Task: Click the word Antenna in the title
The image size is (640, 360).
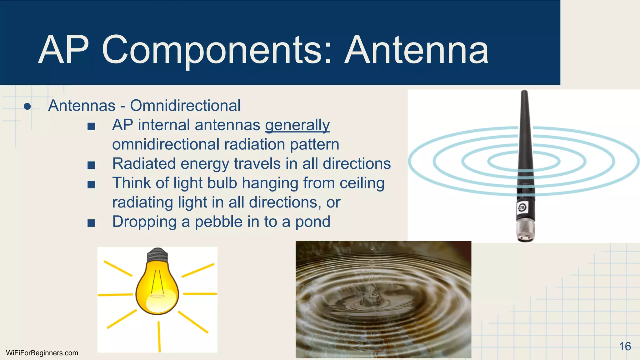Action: (417, 50)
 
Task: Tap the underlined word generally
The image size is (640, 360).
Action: (297, 125)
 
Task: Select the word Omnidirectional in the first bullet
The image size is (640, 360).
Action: (185, 106)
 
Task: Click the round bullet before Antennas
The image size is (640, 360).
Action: (27, 107)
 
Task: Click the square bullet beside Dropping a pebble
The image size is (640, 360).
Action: (91, 223)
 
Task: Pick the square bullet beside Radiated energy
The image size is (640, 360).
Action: (91, 165)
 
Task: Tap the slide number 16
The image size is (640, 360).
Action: (625, 346)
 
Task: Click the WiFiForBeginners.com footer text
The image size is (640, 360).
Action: (42, 353)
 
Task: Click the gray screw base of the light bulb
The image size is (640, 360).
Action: (157, 255)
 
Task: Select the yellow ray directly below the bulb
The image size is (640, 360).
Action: (159, 336)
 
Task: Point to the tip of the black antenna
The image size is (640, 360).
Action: (524, 93)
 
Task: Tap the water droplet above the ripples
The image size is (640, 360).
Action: (372, 249)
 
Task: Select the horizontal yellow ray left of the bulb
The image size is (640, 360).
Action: (115, 294)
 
